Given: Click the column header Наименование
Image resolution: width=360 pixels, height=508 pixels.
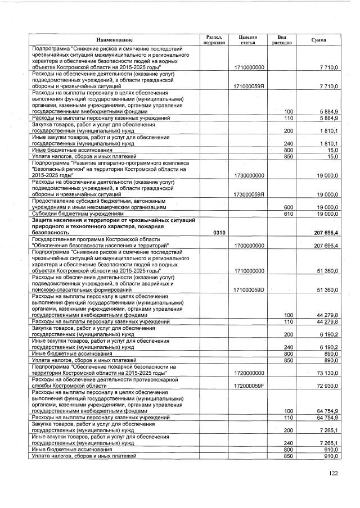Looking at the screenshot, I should pos(114,39).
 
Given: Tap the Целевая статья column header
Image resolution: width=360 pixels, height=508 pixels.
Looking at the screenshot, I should pos(248,39).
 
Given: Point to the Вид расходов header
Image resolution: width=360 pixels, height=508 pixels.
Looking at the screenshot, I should pos(282,39).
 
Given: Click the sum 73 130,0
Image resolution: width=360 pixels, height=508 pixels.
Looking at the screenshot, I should pos(327,373).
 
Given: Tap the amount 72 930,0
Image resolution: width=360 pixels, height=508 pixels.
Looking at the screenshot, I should pos(327,387).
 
